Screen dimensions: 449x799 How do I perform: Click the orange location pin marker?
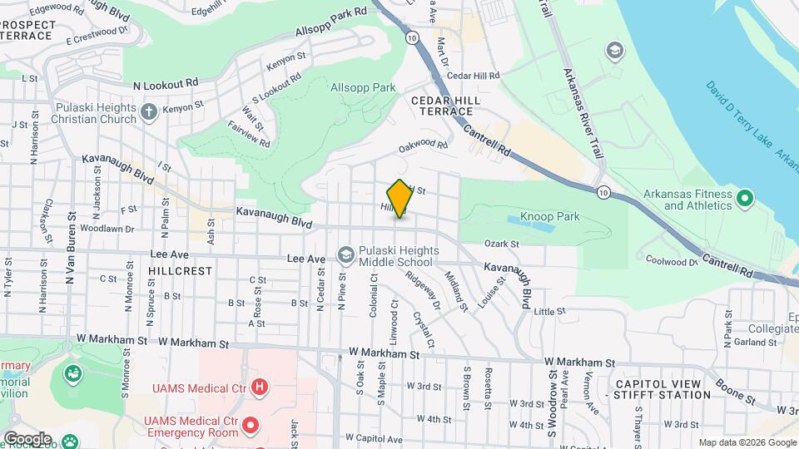pos(399,198)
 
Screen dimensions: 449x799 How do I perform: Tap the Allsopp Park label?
pos(363,87)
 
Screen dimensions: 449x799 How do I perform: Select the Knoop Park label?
pos(549,217)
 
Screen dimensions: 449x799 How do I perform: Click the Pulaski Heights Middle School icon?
pos(345,254)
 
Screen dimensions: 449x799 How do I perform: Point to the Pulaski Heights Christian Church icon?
pos(149,112)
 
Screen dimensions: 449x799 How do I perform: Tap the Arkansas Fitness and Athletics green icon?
pos(745,200)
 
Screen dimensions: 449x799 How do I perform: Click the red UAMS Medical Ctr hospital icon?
pos(260,387)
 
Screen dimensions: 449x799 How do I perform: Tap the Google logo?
pos(27,438)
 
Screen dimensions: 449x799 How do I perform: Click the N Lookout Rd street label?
pos(166,84)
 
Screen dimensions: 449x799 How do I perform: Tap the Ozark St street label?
pos(502,244)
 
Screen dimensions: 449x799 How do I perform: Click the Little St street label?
pos(549,311)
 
